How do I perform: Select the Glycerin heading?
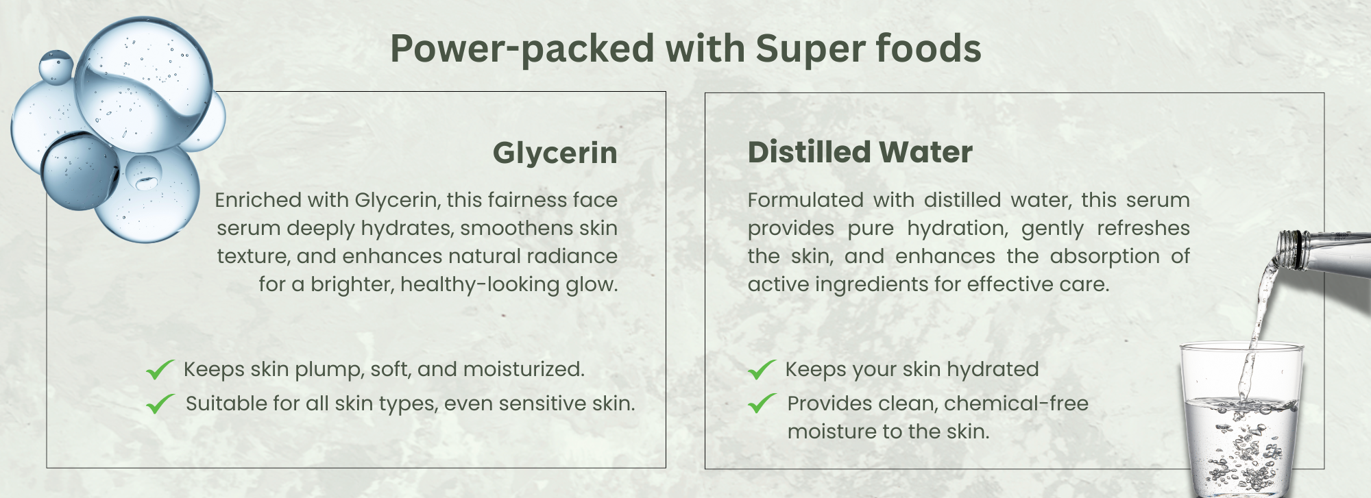(x=555, y=153)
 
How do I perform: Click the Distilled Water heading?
(x=860, y=152)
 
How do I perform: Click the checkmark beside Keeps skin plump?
(x=160, y=370)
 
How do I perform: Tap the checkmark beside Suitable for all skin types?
(x=160, y=404)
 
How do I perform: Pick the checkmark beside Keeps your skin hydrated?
(x=762, y=370)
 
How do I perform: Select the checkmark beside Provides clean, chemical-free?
(x=762, y=404)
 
